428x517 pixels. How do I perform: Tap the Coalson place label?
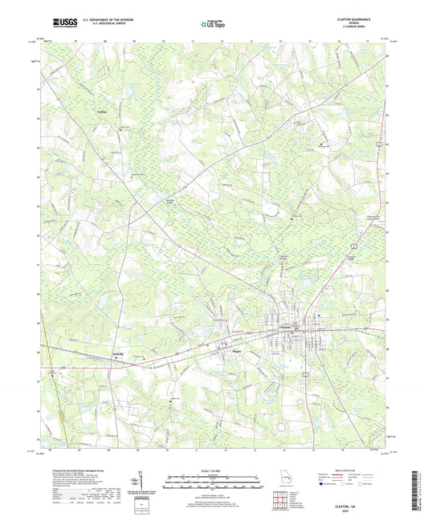click(102, 112)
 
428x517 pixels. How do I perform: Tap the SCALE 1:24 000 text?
click(213, 470)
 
